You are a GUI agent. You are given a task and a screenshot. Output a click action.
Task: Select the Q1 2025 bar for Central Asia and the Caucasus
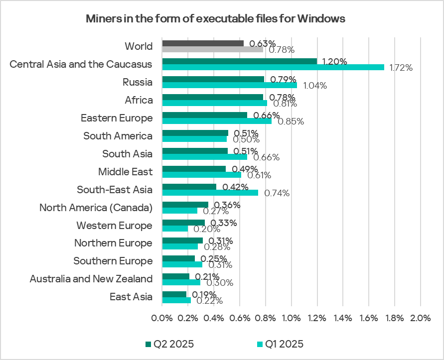[x=273, y=67]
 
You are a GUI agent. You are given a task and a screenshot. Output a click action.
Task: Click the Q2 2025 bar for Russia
[x=213, y=79]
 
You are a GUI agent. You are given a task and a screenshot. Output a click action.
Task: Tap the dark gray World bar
[x=203, y=43]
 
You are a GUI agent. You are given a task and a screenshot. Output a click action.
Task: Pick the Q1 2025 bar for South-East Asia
[x=210, y=193]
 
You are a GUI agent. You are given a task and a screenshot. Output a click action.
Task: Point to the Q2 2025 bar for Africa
[x=212, y=97]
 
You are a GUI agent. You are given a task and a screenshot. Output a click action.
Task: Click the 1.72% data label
[x=401, y=68]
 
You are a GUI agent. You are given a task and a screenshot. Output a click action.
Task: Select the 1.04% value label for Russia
[x=314, y=86]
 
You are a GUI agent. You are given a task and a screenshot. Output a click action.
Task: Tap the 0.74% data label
[x=277, y=193]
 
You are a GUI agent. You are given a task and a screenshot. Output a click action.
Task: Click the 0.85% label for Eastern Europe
[x=291, y=121]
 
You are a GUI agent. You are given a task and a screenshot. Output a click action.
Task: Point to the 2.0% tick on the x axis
[x=420, y=318]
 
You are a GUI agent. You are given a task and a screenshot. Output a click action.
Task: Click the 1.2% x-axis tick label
[x=317, y=318]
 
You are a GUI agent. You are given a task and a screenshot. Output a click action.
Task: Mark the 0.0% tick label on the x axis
[x=162, y=318]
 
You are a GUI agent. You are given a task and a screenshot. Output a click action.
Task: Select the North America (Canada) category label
[x=96, y=208]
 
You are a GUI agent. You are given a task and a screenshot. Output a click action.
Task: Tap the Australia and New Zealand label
[x=91, y=279]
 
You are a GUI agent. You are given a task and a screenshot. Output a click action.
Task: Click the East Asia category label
[x=131, y=297]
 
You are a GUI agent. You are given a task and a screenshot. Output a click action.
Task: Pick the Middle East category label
[x=125, y=172]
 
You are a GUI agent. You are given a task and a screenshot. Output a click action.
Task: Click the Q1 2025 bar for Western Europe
[x=175, y=229]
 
